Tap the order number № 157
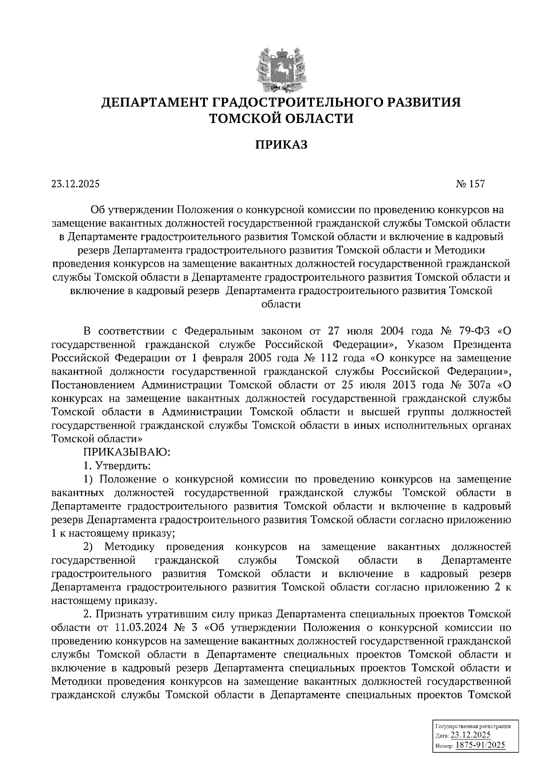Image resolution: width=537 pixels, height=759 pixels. tap(470, 184)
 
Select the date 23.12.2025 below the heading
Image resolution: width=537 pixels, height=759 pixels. tap(76, 184)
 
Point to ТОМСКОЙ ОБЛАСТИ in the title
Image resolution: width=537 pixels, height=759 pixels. tap(281, 119)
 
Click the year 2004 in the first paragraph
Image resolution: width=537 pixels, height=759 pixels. tap(392, 332)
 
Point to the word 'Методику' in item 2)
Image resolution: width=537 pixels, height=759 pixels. tap(129, 547)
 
